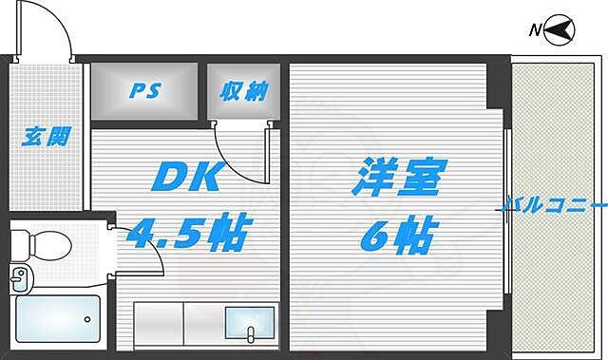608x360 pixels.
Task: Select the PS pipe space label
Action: coord(144,91)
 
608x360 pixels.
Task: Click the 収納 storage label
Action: coord(245,91)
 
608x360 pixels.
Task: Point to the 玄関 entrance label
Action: coord(45,135)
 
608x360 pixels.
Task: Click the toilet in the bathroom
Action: coord(45,243)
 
